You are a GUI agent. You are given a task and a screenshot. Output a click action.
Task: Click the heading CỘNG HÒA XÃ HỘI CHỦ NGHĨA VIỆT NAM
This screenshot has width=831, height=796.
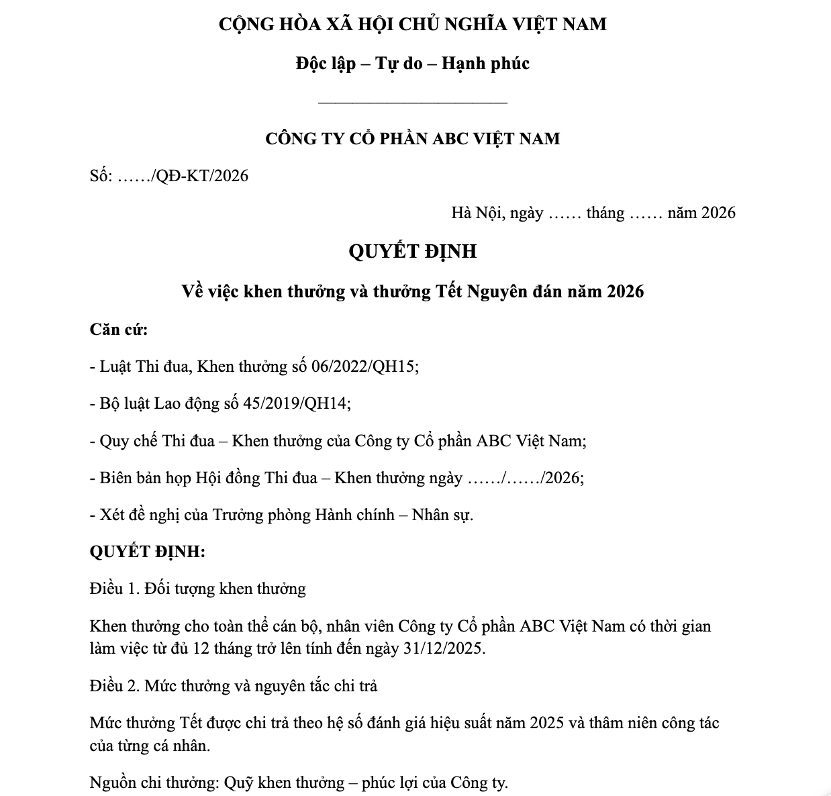tap(412, 25)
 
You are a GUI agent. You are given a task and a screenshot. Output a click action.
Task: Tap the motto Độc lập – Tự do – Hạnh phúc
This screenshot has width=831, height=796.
tap(412, 64)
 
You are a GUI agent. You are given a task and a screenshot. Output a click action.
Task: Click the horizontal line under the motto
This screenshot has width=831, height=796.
tap(412, 103)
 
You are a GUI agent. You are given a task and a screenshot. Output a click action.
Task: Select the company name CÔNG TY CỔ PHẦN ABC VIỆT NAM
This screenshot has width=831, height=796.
tap(412, 139)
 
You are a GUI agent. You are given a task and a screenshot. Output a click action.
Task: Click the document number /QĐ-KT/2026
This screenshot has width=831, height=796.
tap(199, 176)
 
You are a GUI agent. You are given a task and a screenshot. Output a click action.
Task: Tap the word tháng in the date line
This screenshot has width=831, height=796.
tap(605, 213)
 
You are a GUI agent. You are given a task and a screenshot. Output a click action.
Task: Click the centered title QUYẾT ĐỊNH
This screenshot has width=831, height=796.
tap(412, 251)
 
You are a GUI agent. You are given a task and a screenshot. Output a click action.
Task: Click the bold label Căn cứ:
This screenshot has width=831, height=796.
tap(119, 330)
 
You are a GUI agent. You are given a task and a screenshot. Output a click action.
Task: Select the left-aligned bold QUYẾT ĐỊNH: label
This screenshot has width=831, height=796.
tap(147, 552)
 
